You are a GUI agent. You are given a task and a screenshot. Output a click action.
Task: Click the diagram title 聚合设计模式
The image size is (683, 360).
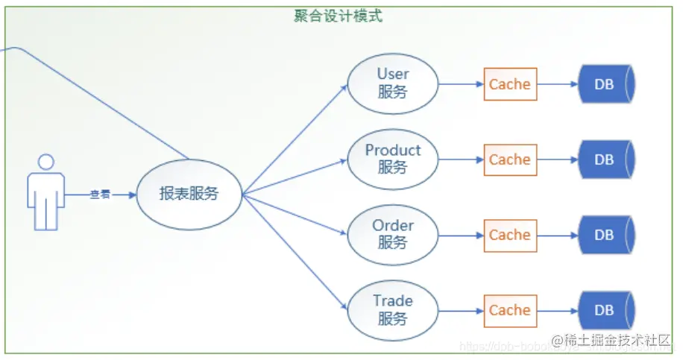coord(339,16)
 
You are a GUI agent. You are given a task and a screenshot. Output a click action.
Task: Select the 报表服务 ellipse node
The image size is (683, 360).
coord(189,194)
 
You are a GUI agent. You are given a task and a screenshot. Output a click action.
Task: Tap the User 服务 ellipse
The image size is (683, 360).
coord(392,83)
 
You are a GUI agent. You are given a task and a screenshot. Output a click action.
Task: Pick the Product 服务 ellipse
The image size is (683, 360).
coord(392,159)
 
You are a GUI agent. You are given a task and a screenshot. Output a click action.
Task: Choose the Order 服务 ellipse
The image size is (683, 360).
coord(392,234)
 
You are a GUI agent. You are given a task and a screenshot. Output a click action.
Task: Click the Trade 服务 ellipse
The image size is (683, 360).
coord(392,309)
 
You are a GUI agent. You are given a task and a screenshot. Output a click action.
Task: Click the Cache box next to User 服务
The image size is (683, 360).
coord(510,84)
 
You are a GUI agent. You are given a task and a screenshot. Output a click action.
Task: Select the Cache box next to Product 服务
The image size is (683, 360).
coord(510,160)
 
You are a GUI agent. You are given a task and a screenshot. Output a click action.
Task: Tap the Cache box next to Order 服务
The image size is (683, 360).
coord(510,235)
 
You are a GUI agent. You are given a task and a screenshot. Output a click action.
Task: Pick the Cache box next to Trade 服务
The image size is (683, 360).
coord(510,310)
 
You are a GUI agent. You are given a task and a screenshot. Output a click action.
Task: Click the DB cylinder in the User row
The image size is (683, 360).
coord(605,84)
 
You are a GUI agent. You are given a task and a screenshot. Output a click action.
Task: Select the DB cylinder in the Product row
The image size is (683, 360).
coord(605,160)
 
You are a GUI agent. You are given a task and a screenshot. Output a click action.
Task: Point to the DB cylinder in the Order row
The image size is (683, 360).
coord(605,235)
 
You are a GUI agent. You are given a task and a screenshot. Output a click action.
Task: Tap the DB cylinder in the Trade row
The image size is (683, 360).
coord(605,310)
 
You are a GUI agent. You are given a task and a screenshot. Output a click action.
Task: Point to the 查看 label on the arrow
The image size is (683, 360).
coord(100,195)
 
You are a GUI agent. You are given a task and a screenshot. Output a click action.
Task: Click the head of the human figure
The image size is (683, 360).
coord(46,162)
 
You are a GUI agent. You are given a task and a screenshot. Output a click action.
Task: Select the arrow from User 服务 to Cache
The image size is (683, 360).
coord(460,84)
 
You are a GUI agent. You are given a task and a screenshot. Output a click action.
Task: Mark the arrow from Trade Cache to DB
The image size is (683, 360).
coord(558,310)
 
